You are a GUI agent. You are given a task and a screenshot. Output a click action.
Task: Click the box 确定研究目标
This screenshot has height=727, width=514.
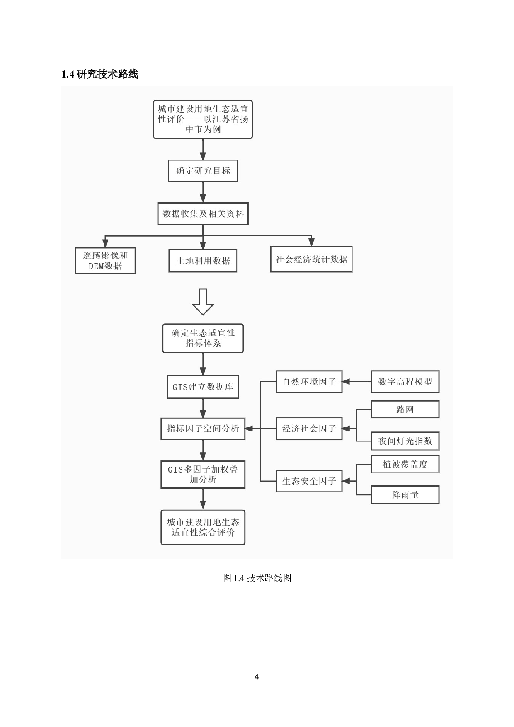pyautogui.click(x=203, y=171)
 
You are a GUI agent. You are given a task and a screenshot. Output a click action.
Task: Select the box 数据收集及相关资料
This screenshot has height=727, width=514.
pyautogui.click(x=203, y=214)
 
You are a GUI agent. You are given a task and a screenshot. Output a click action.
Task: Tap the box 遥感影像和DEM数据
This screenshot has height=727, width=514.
pyautogui.click(x=105, y=261)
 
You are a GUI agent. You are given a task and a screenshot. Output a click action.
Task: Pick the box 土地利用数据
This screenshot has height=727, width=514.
pyautogui.click(x=203, y=261)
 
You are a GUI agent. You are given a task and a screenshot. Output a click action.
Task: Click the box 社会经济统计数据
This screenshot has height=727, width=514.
pyautogui.click(x=311, y=259)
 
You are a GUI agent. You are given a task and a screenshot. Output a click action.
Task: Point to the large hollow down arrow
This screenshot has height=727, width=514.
pyautogui.click(x=203, y=302)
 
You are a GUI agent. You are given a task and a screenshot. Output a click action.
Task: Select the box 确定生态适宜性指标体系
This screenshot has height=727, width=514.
pyautogui.click(x=203, y=338)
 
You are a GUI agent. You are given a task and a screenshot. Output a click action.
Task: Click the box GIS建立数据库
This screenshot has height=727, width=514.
pyautogui.click(x=203, y=387)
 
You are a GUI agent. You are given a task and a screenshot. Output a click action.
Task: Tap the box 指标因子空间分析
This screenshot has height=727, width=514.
pyautogui.click(x=203, y=429)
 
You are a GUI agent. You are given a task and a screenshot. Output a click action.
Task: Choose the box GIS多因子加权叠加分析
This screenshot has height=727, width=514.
pyautogui.click(x=203, y=474)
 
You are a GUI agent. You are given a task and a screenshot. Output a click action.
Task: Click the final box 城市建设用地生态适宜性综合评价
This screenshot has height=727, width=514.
pyautogui.click(x=203, y=527)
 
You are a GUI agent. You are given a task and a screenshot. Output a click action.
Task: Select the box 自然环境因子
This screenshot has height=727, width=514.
pyautogui.click(x=309, y=382)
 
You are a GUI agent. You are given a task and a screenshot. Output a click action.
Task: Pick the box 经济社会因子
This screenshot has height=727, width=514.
pyautogui.click(x=309, y=429)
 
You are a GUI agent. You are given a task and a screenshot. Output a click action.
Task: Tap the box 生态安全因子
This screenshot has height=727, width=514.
pyautogui.click(x=309, y=481)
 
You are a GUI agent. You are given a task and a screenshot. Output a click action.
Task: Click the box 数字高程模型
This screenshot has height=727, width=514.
pyautogui.click(x=405, y=382)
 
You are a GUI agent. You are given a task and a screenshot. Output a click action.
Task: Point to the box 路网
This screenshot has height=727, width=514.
pyautogui.click(x=405, y=410)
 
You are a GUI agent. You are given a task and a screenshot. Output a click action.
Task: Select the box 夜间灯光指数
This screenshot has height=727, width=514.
pyautogui.click(x=405, y=441)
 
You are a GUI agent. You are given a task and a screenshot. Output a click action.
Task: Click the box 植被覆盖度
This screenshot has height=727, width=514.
pyautogui.click(x=405, y=464)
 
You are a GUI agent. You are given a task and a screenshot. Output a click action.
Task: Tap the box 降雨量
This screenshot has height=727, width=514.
pyautogui.click(x=405, y=495)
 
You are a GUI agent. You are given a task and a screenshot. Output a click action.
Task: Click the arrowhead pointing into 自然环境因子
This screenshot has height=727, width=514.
pyautogui.click(x=346, y=382)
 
